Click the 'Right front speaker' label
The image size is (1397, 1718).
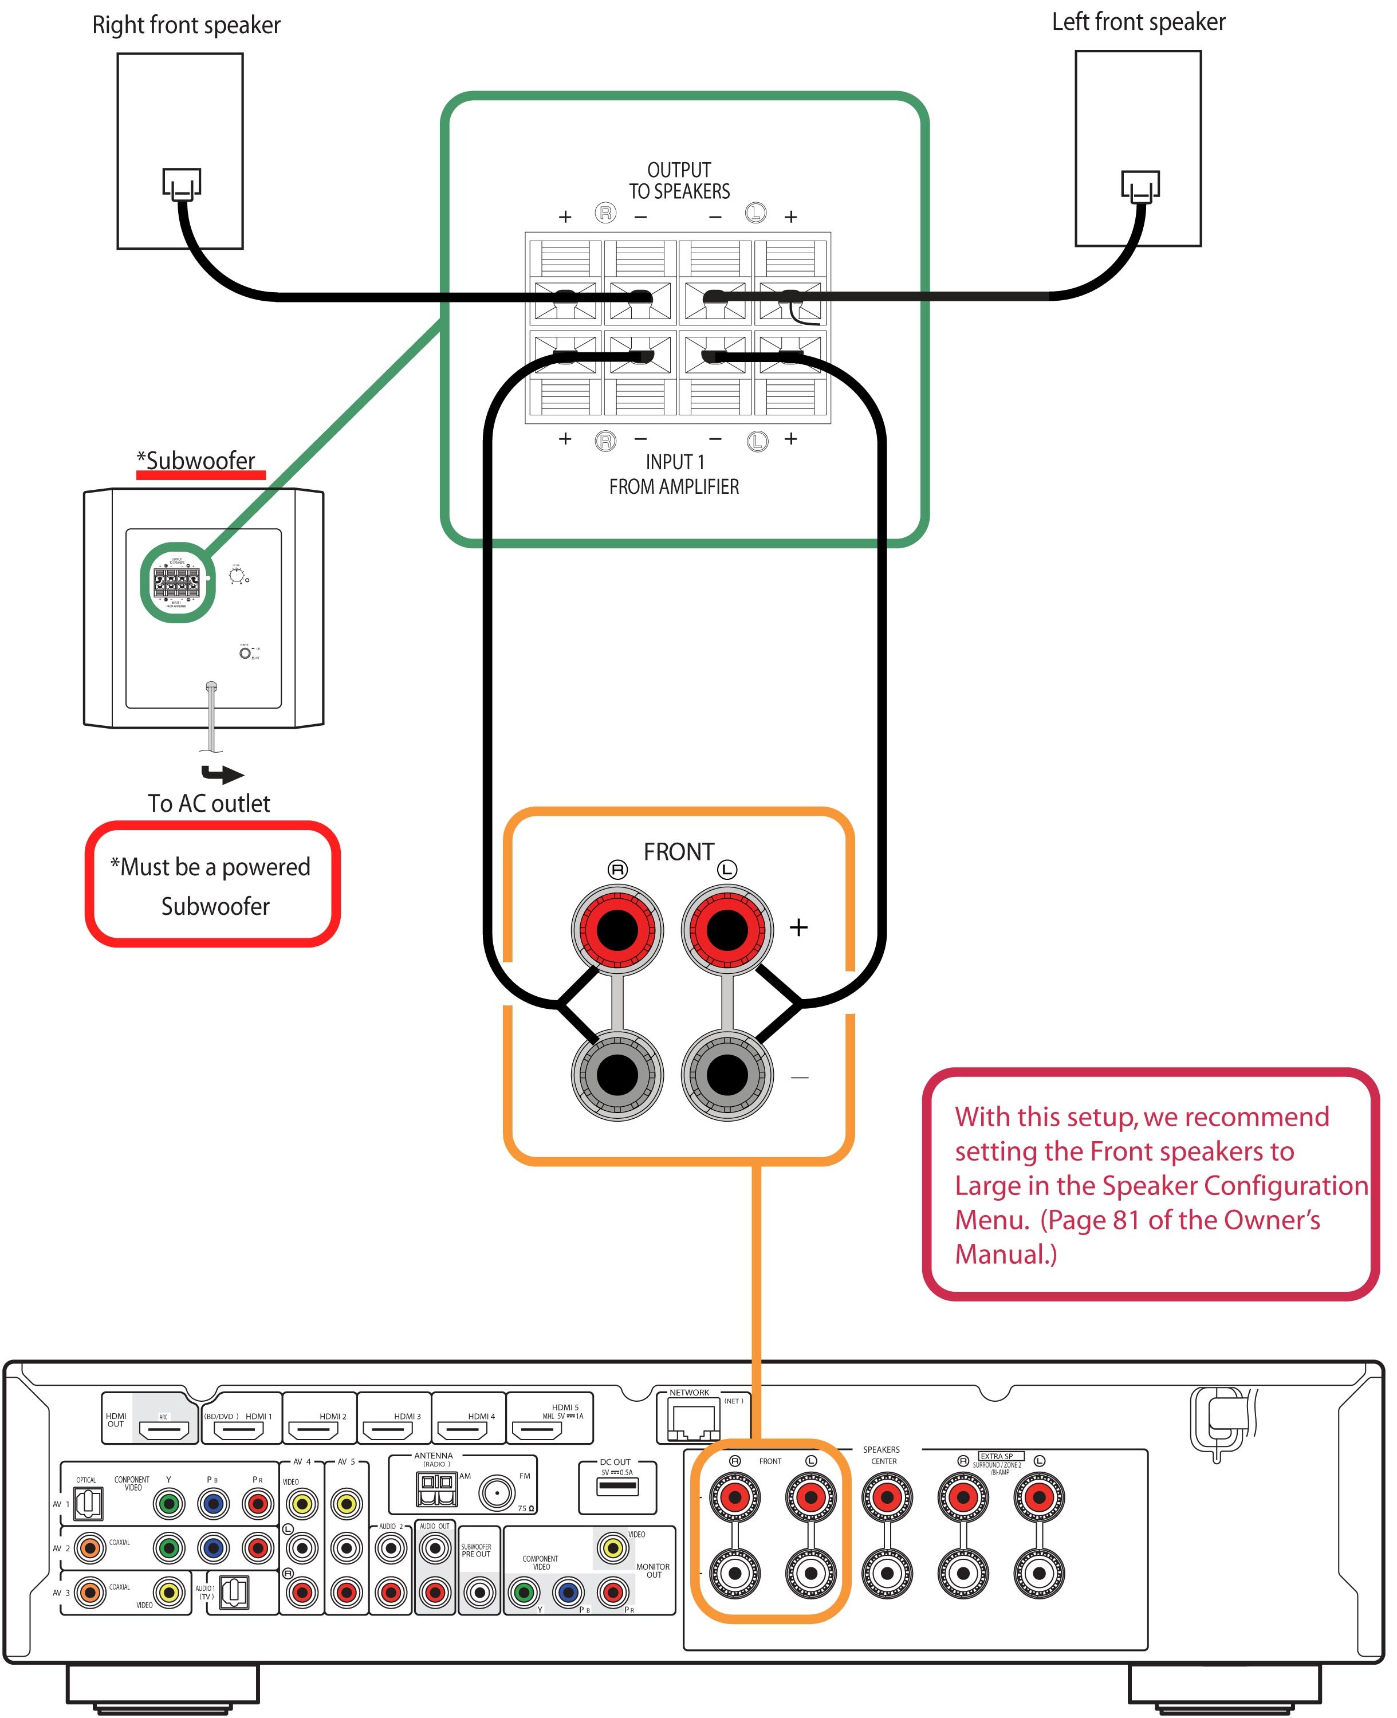tap(186, 25)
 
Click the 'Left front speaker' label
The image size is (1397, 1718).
tap(1138, 22)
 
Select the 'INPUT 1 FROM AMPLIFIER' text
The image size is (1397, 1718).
tap(674, 474)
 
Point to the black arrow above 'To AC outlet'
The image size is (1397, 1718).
tap(223, 774)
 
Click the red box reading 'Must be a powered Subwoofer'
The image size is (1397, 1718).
tap(212, 884)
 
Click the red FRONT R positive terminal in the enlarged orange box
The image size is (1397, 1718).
tap(617, 930)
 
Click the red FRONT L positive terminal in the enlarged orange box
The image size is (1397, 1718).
tap(727, 930)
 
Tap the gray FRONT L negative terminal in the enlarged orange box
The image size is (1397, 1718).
tap(727, 1074)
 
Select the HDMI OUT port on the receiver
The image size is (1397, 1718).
tap(164, 1430)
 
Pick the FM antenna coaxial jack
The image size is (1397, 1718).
tap(497, 1493)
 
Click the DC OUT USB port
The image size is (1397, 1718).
tap(617, 1487)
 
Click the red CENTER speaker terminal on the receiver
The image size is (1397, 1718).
tap(887, 1497)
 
